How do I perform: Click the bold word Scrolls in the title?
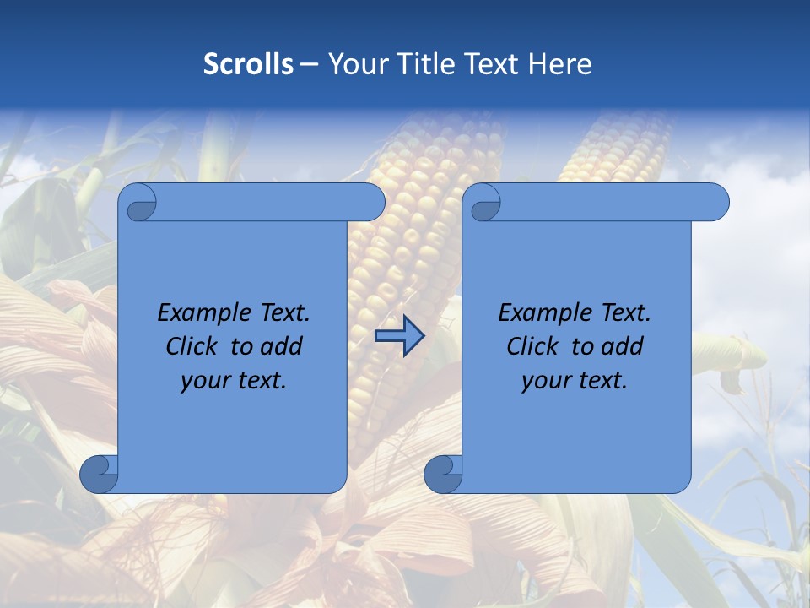tap(248, 64)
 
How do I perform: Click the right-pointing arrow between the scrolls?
tap(399, 337)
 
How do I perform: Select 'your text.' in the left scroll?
tap(233, 381)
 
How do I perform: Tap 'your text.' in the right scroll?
tap(574, 381)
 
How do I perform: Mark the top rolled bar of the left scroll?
tap(270, 203)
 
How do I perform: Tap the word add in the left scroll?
tap(282, 347)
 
